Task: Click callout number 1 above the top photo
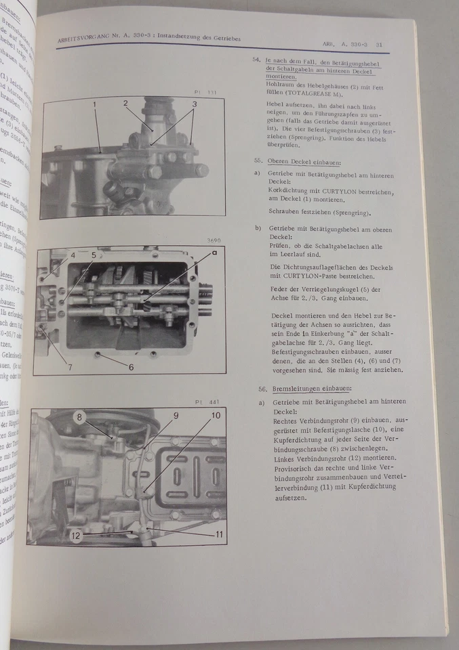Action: [94, 104]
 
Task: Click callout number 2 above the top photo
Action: [125, 103]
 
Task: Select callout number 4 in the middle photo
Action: [73, 255]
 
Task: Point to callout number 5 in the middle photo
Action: [94, 255]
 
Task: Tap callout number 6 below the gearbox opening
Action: [131, 367]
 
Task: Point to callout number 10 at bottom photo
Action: [216, 415]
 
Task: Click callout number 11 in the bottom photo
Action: [219, 534]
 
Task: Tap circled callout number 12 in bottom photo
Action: [77, 535]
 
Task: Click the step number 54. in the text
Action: [256, 60]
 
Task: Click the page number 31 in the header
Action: [380, 45]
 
